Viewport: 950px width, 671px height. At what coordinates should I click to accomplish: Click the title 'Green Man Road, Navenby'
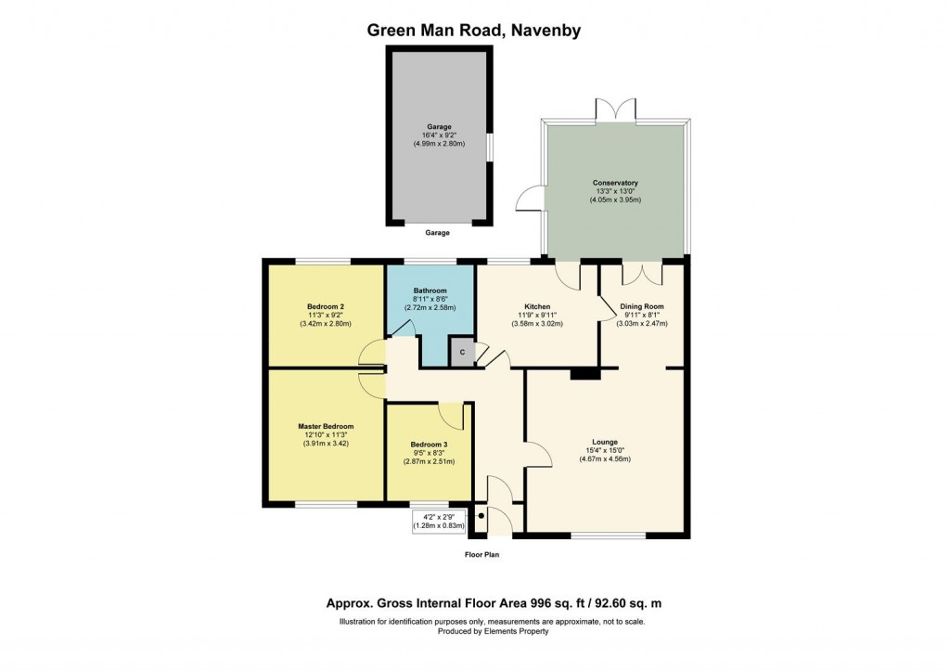pyautogui.click(x=474, y=30)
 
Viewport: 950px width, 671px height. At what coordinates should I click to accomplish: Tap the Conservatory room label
pyautogui.click(x=615, y=183)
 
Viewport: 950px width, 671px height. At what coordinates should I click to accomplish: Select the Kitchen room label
pyautogui.click(x=537, y=306)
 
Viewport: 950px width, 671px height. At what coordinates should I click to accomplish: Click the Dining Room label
pyautogui.click(x=641, y=306)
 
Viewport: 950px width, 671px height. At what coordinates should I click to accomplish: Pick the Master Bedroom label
pyautogui.click(x=325, y=426)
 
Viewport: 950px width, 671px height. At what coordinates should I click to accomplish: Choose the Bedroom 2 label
pyautogui.click(x=326, y=306)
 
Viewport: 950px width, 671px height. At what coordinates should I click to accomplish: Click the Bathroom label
pyautogui.click(x=430, y=290)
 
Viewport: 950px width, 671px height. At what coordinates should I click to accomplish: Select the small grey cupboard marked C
pyautogui.click(x=461, y=352)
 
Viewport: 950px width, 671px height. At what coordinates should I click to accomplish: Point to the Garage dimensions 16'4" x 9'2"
pyautogui.click(x=439, y=135)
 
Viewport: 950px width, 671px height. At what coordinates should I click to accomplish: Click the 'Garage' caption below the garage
pyautogui.click(x=439, y=234)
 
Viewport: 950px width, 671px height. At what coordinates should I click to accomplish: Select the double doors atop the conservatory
pyautogui.click(x=616, y=110)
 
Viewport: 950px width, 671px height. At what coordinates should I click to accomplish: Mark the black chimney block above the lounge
pyautogui.click(x=584, y=373)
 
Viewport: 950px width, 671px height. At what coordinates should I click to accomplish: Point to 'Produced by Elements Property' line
pyautogui.click(x=493, y=631)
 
